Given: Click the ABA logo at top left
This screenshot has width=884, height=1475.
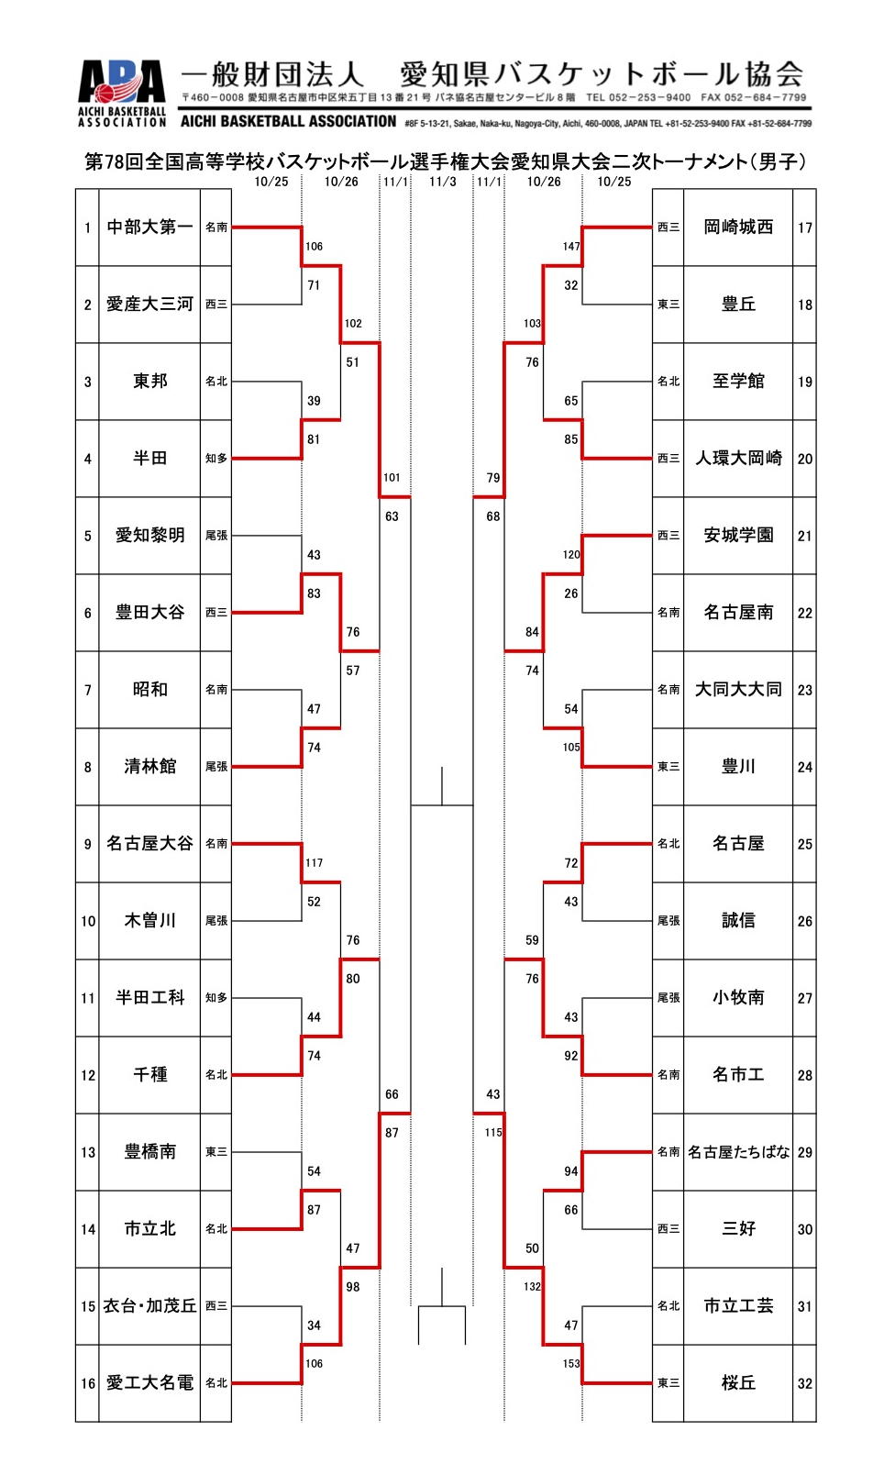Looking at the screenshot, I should tap(122, 93).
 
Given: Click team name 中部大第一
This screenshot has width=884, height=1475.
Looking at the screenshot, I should tap(149, 227).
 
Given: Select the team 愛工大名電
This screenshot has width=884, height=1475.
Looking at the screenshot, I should tap(149, 1383).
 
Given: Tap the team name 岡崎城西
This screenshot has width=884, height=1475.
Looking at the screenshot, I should tap(738, 227).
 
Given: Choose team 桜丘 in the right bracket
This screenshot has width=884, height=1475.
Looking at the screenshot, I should tap(738, 1383).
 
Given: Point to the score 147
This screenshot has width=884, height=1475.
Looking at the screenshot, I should tap(571, 247).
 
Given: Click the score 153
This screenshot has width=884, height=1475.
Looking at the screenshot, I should tap(571, 1364).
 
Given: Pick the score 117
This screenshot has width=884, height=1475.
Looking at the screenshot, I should tap(314, 863).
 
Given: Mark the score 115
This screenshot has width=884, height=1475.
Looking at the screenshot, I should tap(493, 1133).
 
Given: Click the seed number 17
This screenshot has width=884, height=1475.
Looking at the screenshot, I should tap(805, 228).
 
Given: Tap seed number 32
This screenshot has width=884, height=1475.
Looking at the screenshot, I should tap(805, 1384).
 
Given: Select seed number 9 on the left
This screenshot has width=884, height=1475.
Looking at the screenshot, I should tap(88, 845).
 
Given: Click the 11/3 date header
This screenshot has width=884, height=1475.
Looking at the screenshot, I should tap(442, 182).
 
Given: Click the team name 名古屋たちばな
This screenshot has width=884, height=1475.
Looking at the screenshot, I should tap(738, 1152).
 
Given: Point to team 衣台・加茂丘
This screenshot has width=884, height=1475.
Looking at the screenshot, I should tap(149, 1306).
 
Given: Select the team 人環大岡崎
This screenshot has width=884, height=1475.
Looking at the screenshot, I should tap(738, 459).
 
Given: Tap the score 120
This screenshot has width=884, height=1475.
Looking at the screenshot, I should tap(571, 555).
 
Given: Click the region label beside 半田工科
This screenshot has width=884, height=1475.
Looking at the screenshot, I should tap(216, 998).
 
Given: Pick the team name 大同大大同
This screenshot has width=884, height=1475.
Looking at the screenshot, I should tap(738, 690).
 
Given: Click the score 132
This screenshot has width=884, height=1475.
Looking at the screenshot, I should tap(532, 1287).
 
